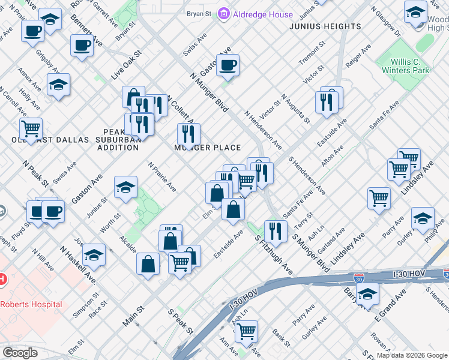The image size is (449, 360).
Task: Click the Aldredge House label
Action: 263,14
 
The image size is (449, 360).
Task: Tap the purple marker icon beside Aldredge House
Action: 224,14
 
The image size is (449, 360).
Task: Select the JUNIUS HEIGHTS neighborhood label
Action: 325,27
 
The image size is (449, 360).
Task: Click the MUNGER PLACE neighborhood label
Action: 208,148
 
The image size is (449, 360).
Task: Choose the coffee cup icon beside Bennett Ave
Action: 82,45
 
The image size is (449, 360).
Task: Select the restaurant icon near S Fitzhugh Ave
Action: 276,230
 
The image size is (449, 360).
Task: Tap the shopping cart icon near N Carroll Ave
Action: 31,128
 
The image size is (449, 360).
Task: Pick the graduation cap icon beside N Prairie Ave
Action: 126,187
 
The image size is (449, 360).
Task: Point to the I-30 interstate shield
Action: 358,278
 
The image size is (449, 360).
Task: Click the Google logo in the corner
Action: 20,353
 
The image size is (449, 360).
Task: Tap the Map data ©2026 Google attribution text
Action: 412,355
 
